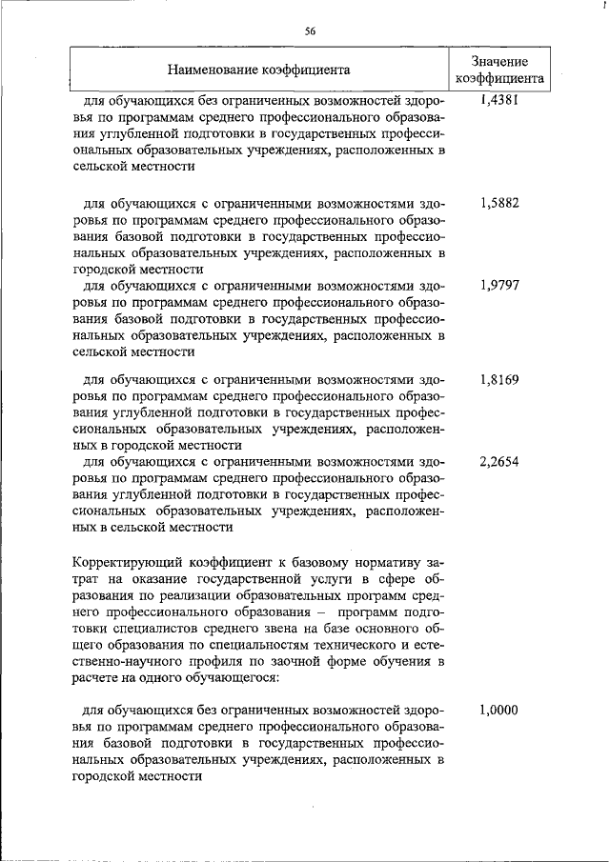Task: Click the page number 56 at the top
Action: [x=310, y=30]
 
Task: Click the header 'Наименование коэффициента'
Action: [x=258, y=69]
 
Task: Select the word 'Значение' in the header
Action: [x=499, y=60]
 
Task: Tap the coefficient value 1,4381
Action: [x=499, y=98]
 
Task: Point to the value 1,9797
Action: [x=499, y=285]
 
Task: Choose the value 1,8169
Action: [x=499, y=378]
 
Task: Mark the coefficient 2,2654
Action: [x=499, y=461]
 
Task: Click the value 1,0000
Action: [x=499, y=710]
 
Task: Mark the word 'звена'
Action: [x=262, y=627]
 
